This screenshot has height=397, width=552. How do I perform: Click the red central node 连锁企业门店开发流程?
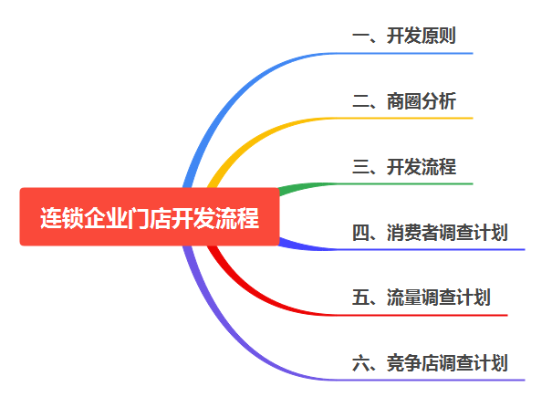(150, 217)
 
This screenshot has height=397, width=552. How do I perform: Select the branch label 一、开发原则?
(404, 37)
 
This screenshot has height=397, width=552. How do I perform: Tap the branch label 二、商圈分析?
(404, 101)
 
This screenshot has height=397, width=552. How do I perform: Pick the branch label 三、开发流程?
(404, 167)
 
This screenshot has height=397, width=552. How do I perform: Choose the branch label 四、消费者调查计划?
(430, 233)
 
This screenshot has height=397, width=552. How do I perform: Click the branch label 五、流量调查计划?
(422, 298)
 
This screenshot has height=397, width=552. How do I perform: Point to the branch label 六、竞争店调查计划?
(430, 363)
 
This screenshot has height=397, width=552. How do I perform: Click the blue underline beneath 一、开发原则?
(411, 53)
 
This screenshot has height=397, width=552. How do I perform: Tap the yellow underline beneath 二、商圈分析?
(411, 119)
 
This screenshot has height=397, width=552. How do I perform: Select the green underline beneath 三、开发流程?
(411, 183)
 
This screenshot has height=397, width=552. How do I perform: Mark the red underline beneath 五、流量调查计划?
(429, 315)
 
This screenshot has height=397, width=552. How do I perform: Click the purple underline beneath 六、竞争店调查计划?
(438, 380)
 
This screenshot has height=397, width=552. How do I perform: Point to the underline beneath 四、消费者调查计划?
(438, 249)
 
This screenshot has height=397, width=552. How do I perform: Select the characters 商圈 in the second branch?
(404, 101)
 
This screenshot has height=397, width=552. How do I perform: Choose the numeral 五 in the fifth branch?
(359, 298)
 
